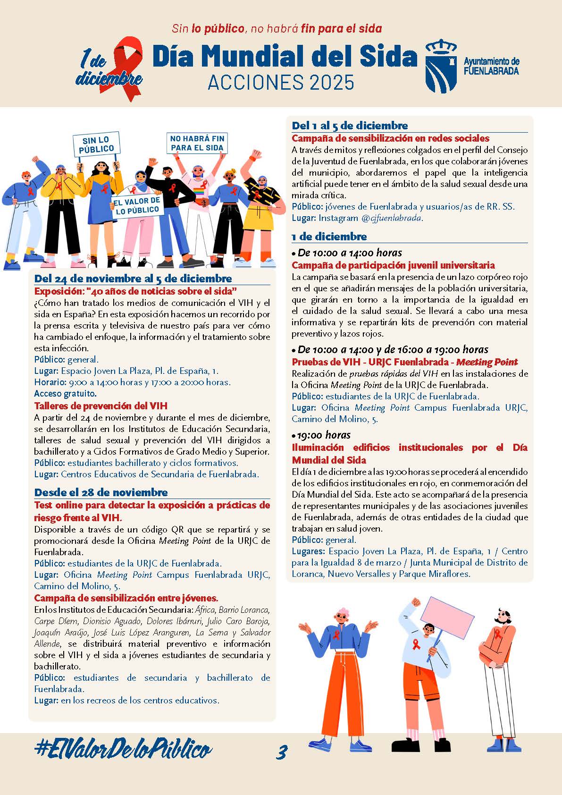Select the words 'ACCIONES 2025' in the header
pos(281,83)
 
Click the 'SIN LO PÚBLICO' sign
pos(96,144)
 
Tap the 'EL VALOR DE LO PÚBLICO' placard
pos(137,206)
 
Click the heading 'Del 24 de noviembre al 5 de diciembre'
pos(133,279)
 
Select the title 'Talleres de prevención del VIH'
pos(101,406)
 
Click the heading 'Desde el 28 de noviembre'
pos(101,492)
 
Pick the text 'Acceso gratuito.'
pos(65,393)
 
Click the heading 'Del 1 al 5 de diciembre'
pos(350,126)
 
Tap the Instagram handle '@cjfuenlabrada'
pos(392,218)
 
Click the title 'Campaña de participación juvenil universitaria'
pos(393,265)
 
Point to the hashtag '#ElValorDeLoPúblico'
pos(123,750)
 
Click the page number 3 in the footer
pos(282,752)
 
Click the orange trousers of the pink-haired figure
pos(337,694)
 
